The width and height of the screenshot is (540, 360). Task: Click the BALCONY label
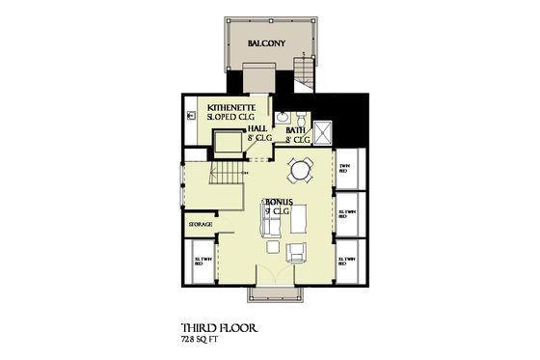click(264, 43)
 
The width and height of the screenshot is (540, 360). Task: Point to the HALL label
click(257, 128)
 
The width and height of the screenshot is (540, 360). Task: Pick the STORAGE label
click(200, 224)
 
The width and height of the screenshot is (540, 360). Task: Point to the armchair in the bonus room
click(297, 253)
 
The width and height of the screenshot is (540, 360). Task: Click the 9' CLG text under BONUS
click(279, 210)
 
